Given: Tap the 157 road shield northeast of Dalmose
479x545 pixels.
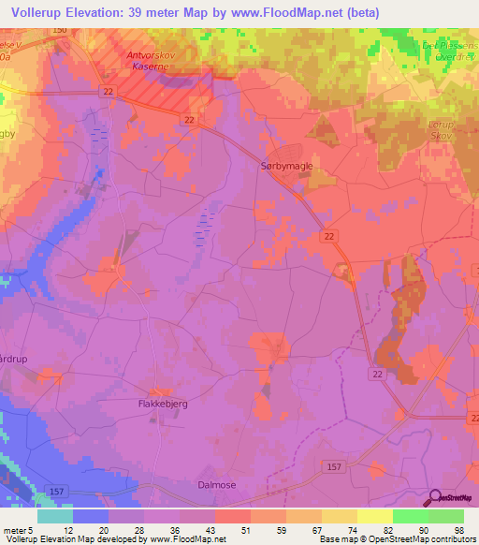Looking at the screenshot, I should tap(333, 465).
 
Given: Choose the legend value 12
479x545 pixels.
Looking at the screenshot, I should tap(65, 531).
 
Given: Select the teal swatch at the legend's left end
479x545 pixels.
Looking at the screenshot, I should tap(54, 516).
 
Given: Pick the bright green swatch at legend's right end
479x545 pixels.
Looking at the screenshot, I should tap(446, 516).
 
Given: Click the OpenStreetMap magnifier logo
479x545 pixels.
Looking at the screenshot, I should tap(435, 498).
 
